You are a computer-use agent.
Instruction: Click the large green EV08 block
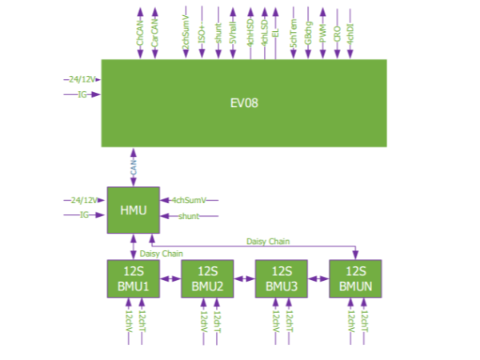pos(243,102)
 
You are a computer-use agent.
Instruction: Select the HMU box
pos(132,209)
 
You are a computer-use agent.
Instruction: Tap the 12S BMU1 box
pos(132,278)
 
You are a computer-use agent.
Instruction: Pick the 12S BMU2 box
pos(206,278)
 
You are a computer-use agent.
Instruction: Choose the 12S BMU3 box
pos(279,278)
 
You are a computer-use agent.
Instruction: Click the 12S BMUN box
pos(354,278)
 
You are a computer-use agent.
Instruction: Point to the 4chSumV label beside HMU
pos(189,200)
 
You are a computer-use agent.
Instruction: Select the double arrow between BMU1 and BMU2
pos(169,278)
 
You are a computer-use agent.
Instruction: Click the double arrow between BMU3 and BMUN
pos(317,278)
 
